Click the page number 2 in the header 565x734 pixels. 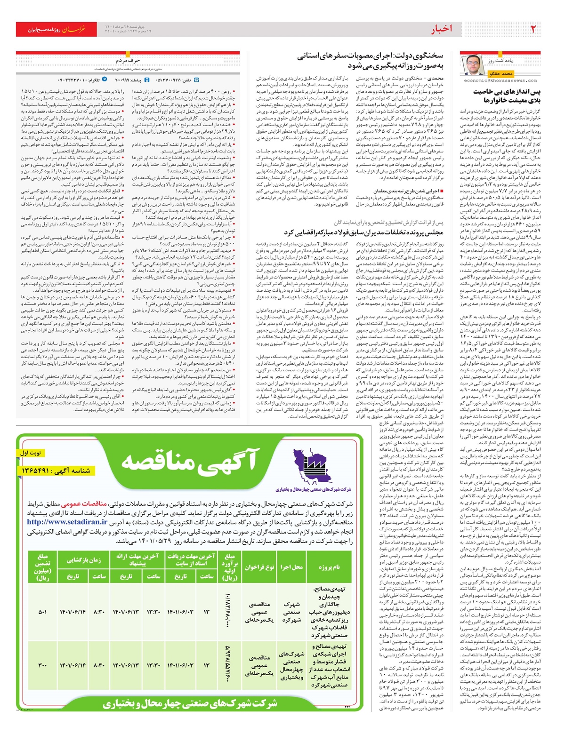pyautogui.click(x=533, y=29)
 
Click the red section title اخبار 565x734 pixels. pyautogui.click(x=441, y=29)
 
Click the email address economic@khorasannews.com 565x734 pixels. pyautogui.click(x=500, y=80)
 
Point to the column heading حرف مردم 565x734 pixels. pyautogui.click(x=128, y=61)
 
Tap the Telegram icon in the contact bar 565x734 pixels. pyautogui.click(x=105, y=80)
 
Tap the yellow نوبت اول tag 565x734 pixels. pyautogui.click(x=30, y=453)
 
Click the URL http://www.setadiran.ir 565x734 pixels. pyautogui.click(x=67, y=522)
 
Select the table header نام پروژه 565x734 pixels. pyautogui.click(x=329, y=567)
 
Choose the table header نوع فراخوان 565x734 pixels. pyautogui.click(x=259, y=567)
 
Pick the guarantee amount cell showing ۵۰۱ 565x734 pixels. pyautogui.click(x=42, y=612)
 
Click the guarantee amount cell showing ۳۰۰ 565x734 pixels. pyautogui.click(x=42, y=665)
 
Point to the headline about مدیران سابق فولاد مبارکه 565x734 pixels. pyautogui.click(x=364, y=232)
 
